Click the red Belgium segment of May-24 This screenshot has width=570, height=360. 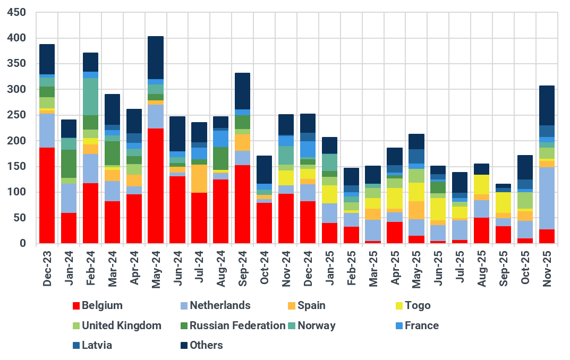coord(155,186)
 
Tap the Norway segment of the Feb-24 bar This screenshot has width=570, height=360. coord(90,97)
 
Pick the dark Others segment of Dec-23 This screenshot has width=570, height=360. coord(47,59)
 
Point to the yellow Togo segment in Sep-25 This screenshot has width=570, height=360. coord(503,202)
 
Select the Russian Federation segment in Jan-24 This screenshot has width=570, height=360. coord(69,164)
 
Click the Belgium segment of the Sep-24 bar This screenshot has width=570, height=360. coord(242,204)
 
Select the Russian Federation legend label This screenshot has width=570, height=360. coord(237,325)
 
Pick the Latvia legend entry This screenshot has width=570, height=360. coord(97,345)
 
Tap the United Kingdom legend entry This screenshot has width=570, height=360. coord(122,325)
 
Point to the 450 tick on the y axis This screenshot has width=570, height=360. coord(19,12)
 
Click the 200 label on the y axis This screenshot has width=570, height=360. coord(19,141)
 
